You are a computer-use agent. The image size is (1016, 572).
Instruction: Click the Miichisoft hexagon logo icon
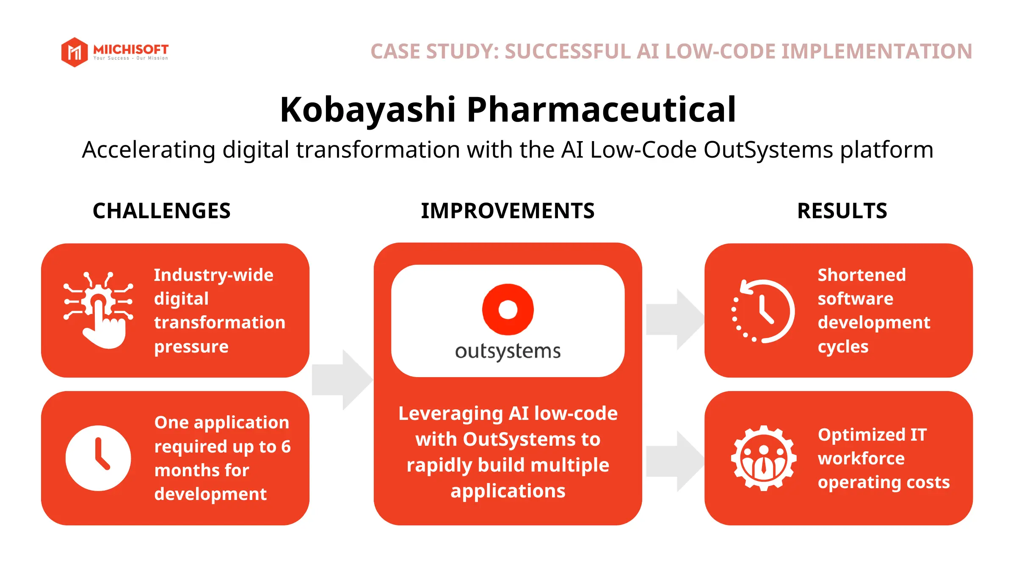pyautogui.click(x=75, y=52)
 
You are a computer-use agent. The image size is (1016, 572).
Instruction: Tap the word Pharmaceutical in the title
pyautogui.click(x=601, y=109)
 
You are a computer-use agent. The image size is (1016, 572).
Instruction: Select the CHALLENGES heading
pyautogui.click(x=161, y=211)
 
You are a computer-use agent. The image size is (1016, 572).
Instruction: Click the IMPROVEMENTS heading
pyautogui.click(x=508, y=211)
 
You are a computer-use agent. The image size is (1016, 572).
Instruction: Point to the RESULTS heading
pyautogui.click(x=842, y=211)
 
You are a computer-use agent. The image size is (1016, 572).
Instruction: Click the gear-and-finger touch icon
pyautogui.click(x=99, y=309)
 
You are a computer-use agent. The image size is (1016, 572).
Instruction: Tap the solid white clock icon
pyautogui.click(x=98, y=458)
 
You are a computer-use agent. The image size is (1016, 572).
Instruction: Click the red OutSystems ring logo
pyautogui.click(x=508, y=309)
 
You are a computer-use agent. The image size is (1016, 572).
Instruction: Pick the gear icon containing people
pyautogui.click(x=763, y=458)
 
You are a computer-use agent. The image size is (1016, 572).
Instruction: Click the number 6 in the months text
pyautogui.click(x=286, y=447)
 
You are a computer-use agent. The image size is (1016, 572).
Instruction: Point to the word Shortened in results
pyautogui.click(x=861, y=275)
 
